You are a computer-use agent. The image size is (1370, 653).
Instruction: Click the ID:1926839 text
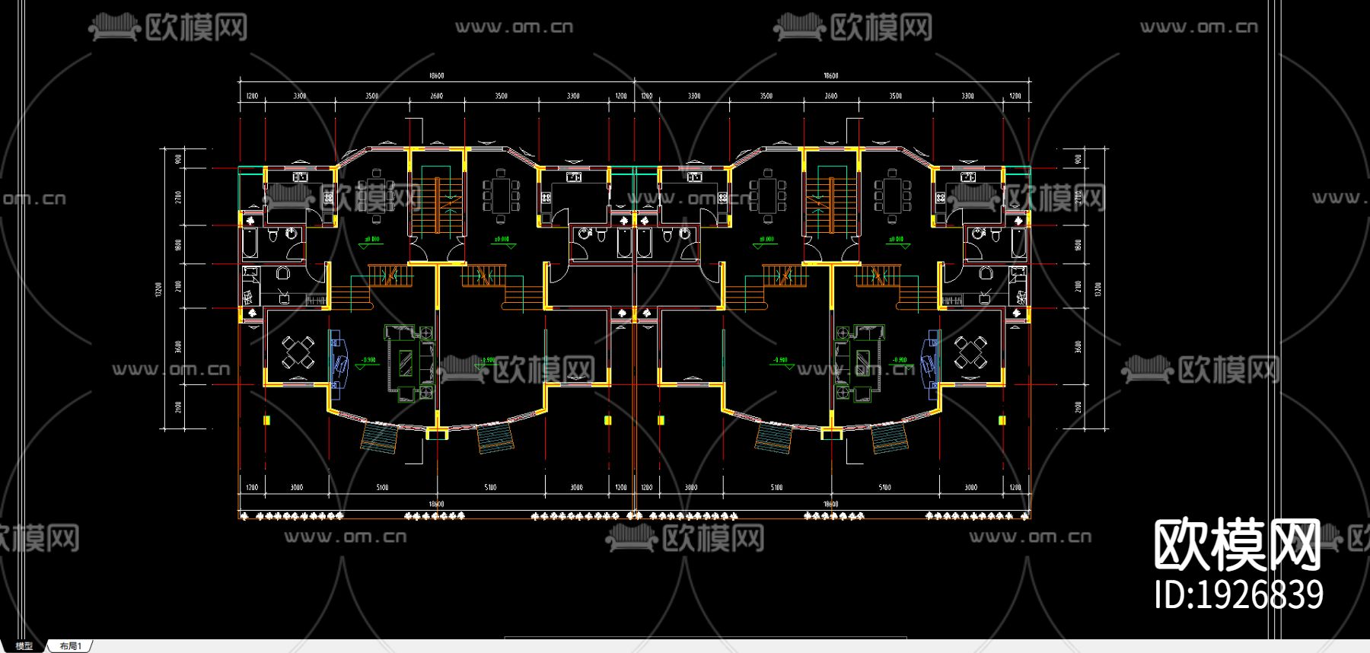tap(1238, 595)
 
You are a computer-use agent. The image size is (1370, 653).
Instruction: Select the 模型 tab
tap(24, 646)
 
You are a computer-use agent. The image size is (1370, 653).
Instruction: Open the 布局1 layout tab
tap(70, 646)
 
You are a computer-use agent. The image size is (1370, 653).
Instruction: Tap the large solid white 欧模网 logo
tap(1237, 545)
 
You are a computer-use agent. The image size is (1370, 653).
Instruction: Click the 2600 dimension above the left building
tap(436, 96)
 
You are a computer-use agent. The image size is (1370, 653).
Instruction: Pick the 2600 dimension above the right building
tap(830, 96)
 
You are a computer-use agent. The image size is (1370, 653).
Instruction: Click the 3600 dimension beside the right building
tap(1078, 346)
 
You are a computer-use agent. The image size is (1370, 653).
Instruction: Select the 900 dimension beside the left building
tap(178, 159)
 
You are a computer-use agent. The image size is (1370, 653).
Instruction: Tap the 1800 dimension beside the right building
tap(1078, 245)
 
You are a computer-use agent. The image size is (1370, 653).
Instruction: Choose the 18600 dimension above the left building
tap(436, 75)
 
